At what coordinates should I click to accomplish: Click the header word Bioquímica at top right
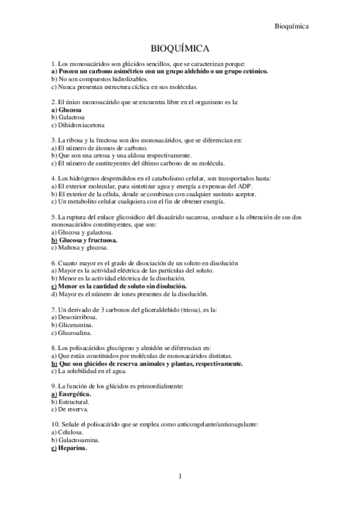291,26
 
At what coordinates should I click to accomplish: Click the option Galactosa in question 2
71,118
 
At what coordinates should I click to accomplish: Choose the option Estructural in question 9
73,401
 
